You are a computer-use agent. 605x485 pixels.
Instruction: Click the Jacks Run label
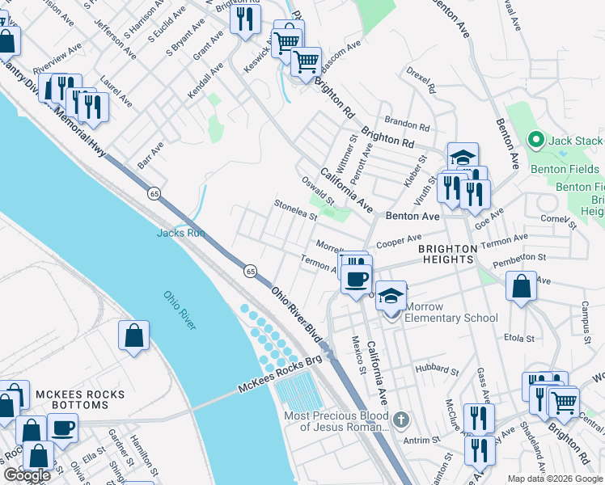point(180,233)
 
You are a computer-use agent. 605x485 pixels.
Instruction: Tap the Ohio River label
point(180,310)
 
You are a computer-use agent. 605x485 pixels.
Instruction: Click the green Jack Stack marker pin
point(535,141)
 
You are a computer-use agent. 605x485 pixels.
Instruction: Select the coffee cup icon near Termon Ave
point(355,280)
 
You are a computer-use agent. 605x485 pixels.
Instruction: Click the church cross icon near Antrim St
point(402,420)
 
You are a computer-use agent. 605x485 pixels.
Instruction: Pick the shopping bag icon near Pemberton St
point(522,286)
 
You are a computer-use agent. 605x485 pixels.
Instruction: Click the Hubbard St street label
point(438,371)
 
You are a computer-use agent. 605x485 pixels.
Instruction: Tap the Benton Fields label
point(565,169)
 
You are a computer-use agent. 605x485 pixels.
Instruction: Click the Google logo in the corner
point(26,475)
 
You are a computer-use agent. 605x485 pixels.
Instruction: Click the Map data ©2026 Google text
point(555,479)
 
